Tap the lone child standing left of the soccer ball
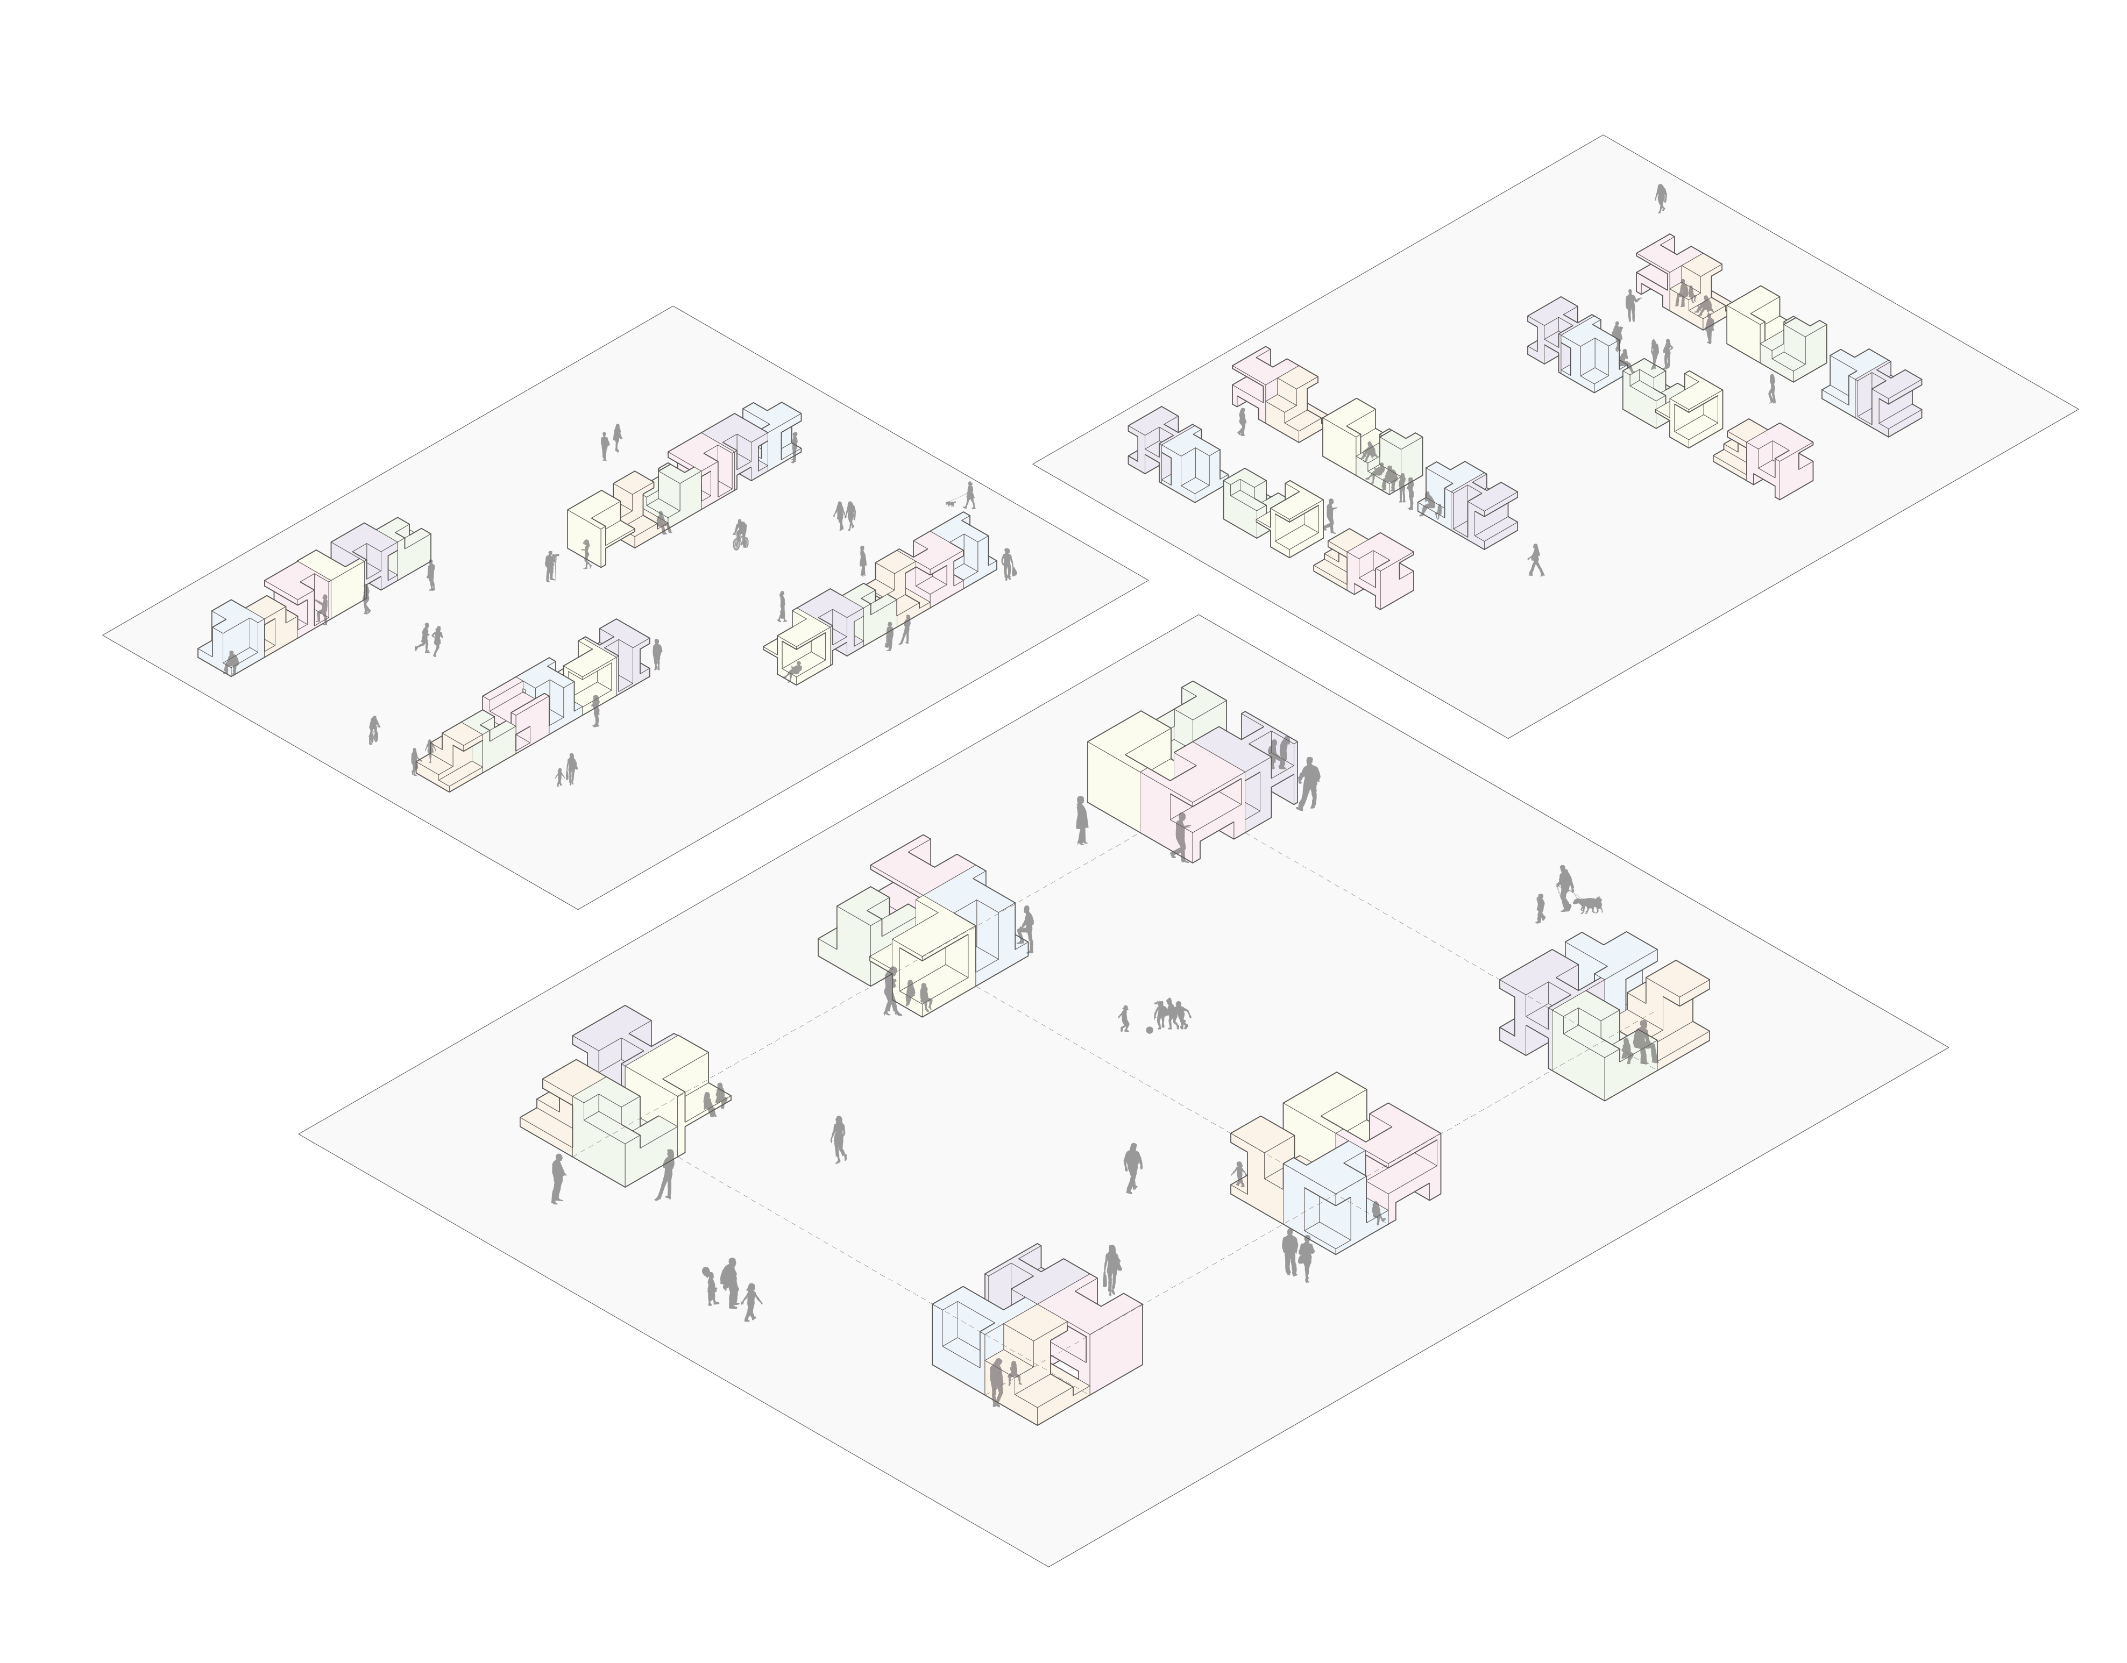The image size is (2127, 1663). point(1125,1018)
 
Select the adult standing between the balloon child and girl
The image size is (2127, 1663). point(729,1282)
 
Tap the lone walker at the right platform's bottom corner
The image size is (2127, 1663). point(1536,560)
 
